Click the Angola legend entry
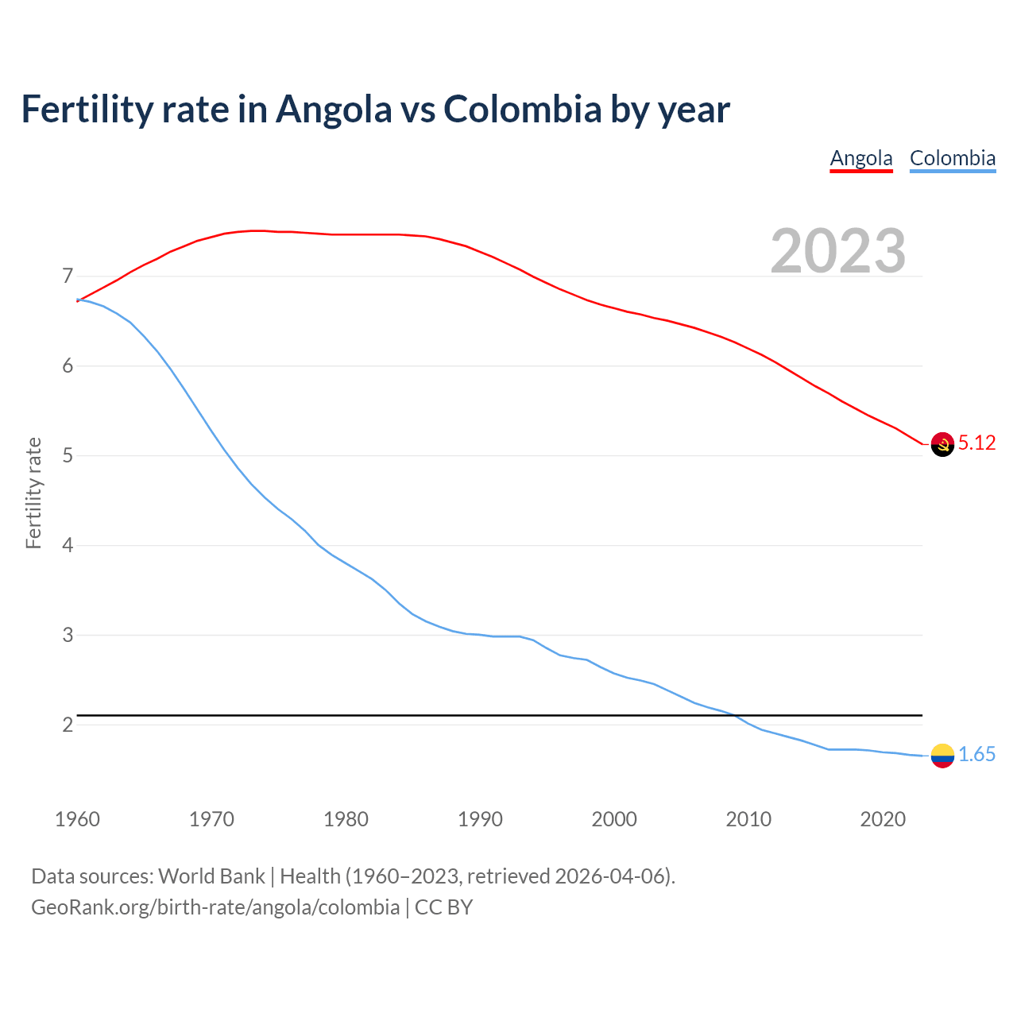[861, 158]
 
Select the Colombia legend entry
[952, 158]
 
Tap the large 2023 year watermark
[837, 251]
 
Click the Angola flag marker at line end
[942, 444]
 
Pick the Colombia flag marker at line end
[942, 756]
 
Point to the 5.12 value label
[976, 443]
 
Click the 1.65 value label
[976, 755]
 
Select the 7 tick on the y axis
[68, 276]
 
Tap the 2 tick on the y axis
[68, 725]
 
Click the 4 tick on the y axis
[68, 545]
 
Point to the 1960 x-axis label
[77, 819]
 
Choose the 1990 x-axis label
[480, 819]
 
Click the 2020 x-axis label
[883, 819]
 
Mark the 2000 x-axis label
[614, 819]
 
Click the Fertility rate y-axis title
[33, 493]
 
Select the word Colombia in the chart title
[522, 109]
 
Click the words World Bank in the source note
[211, 876]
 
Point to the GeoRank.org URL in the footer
[215, 907]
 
